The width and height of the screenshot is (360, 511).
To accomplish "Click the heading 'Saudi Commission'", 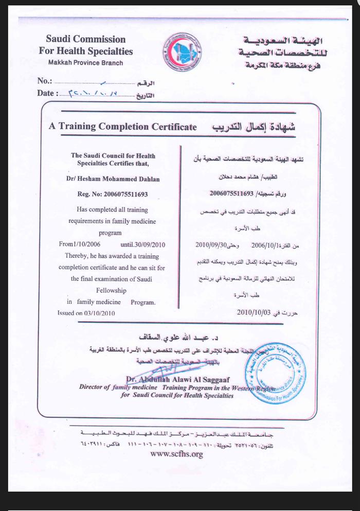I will coord(85,40).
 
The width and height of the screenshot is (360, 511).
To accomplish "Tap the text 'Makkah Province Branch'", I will coord(86,63).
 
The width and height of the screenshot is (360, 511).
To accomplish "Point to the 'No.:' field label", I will coord(45,81).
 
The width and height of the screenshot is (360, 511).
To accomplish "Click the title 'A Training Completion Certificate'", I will coord(122,127).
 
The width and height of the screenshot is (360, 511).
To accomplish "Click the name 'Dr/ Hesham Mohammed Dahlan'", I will coord(113,180).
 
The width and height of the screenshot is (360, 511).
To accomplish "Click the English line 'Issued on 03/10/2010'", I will coord(86,312).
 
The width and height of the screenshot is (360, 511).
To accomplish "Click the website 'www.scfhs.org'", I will coord(177,454).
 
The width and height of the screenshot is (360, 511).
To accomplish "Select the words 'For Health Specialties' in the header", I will coord(85,51).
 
